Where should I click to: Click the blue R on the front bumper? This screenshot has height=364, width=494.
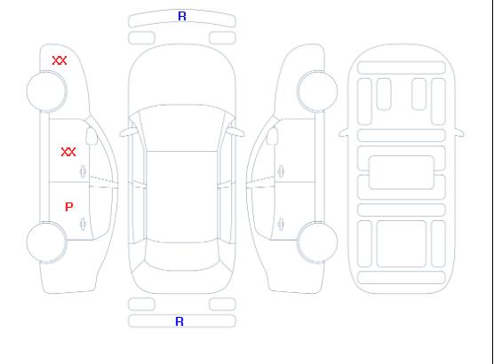(x=182, y=16)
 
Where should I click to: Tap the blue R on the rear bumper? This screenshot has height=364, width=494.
(x=179, y=321)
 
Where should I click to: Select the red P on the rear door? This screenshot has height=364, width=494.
(x=69, y=207)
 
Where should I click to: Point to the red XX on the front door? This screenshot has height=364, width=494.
(x=68, y=152)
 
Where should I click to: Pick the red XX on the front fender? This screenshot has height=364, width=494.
(x=60, y=60)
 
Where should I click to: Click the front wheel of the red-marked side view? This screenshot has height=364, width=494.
(x=46, y=91)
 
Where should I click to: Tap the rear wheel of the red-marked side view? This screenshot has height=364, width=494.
(x=46, y=242)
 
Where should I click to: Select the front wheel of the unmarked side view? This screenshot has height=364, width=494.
(x=317, y=91)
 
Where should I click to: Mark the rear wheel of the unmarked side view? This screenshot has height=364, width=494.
(x=317, y=242)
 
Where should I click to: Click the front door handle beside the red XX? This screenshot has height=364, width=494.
(x=84, y=171)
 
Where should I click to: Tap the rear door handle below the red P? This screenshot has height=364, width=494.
(x=84, y=224)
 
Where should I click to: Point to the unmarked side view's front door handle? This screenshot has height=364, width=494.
(x=281, y=171)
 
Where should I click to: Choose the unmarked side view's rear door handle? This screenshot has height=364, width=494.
(x=281, y=224)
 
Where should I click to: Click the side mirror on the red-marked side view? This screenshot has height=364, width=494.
(x=92, y=136)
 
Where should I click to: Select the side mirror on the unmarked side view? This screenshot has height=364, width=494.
(x=272, y=136)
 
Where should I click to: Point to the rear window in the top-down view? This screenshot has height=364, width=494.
(x=182, y=256)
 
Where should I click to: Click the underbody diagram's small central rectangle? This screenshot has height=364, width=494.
(x=402, y=172)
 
